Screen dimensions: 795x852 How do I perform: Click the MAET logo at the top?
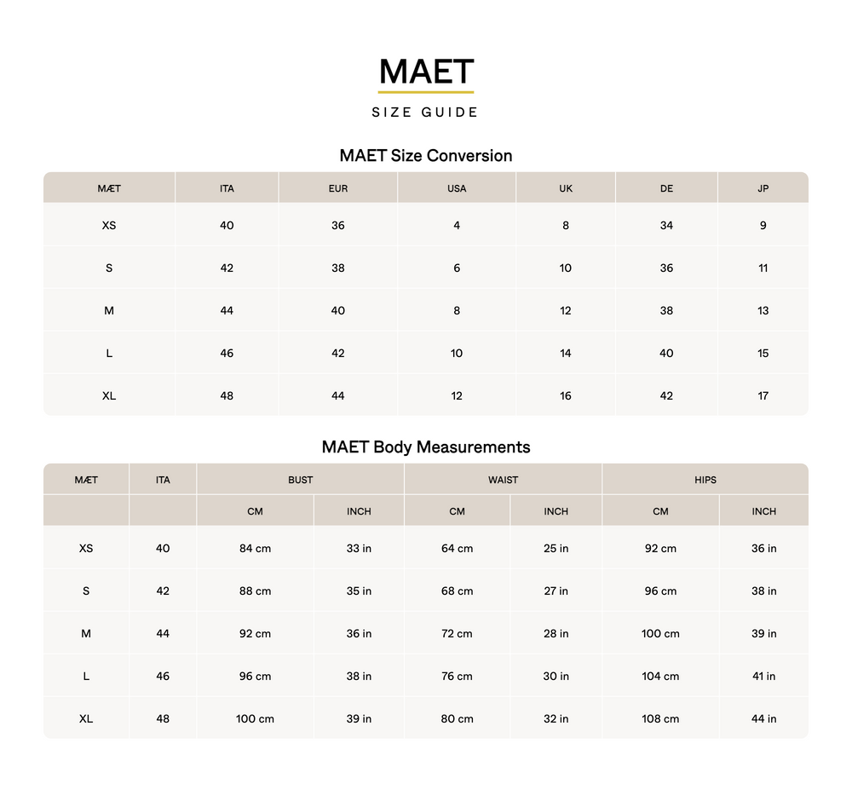(426, 71)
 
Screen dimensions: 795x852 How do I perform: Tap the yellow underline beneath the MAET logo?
(426, 91)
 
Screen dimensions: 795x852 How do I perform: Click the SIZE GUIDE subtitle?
(425, 112)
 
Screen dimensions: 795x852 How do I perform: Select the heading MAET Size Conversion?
(425, 156)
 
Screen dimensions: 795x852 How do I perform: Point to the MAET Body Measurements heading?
(425, 447)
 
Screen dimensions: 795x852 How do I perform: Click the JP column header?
(763, 188)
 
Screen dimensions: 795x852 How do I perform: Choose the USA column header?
(457, 188)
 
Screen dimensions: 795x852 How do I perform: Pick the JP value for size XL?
(763, 395)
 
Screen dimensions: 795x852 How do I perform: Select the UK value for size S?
(565, 268)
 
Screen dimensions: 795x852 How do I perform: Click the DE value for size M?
(666, 310)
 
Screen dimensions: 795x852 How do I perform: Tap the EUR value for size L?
(337, 353)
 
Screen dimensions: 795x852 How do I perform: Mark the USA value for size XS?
(457, 225)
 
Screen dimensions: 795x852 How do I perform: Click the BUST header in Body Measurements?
(300, 480)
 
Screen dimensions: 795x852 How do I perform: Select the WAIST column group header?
(503, 480)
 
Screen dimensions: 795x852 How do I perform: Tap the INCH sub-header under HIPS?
(763, 511)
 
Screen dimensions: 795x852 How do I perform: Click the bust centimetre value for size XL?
(255, 718)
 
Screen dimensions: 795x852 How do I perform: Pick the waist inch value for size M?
(556, 633)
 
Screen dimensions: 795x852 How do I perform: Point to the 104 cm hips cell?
(660, 676)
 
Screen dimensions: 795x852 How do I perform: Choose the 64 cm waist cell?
(457, 548)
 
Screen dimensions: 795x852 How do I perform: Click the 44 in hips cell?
(763, 718)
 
